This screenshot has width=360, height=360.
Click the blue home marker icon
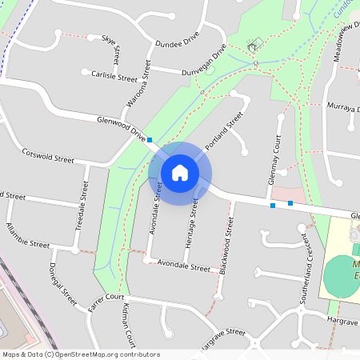180,172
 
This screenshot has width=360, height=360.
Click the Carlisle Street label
114,78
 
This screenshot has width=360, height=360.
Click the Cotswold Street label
48,154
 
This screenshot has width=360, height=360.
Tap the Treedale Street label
82,206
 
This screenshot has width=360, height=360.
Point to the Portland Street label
224,130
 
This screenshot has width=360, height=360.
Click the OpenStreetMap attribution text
80,354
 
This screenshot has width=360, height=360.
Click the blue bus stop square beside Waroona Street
150,139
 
